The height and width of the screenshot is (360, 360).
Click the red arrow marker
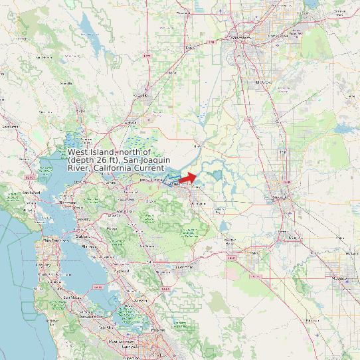(x=188, y=178)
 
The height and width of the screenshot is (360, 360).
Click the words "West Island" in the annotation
(x=90, y=152)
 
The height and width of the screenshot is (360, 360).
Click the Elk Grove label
(x=264, y=81)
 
